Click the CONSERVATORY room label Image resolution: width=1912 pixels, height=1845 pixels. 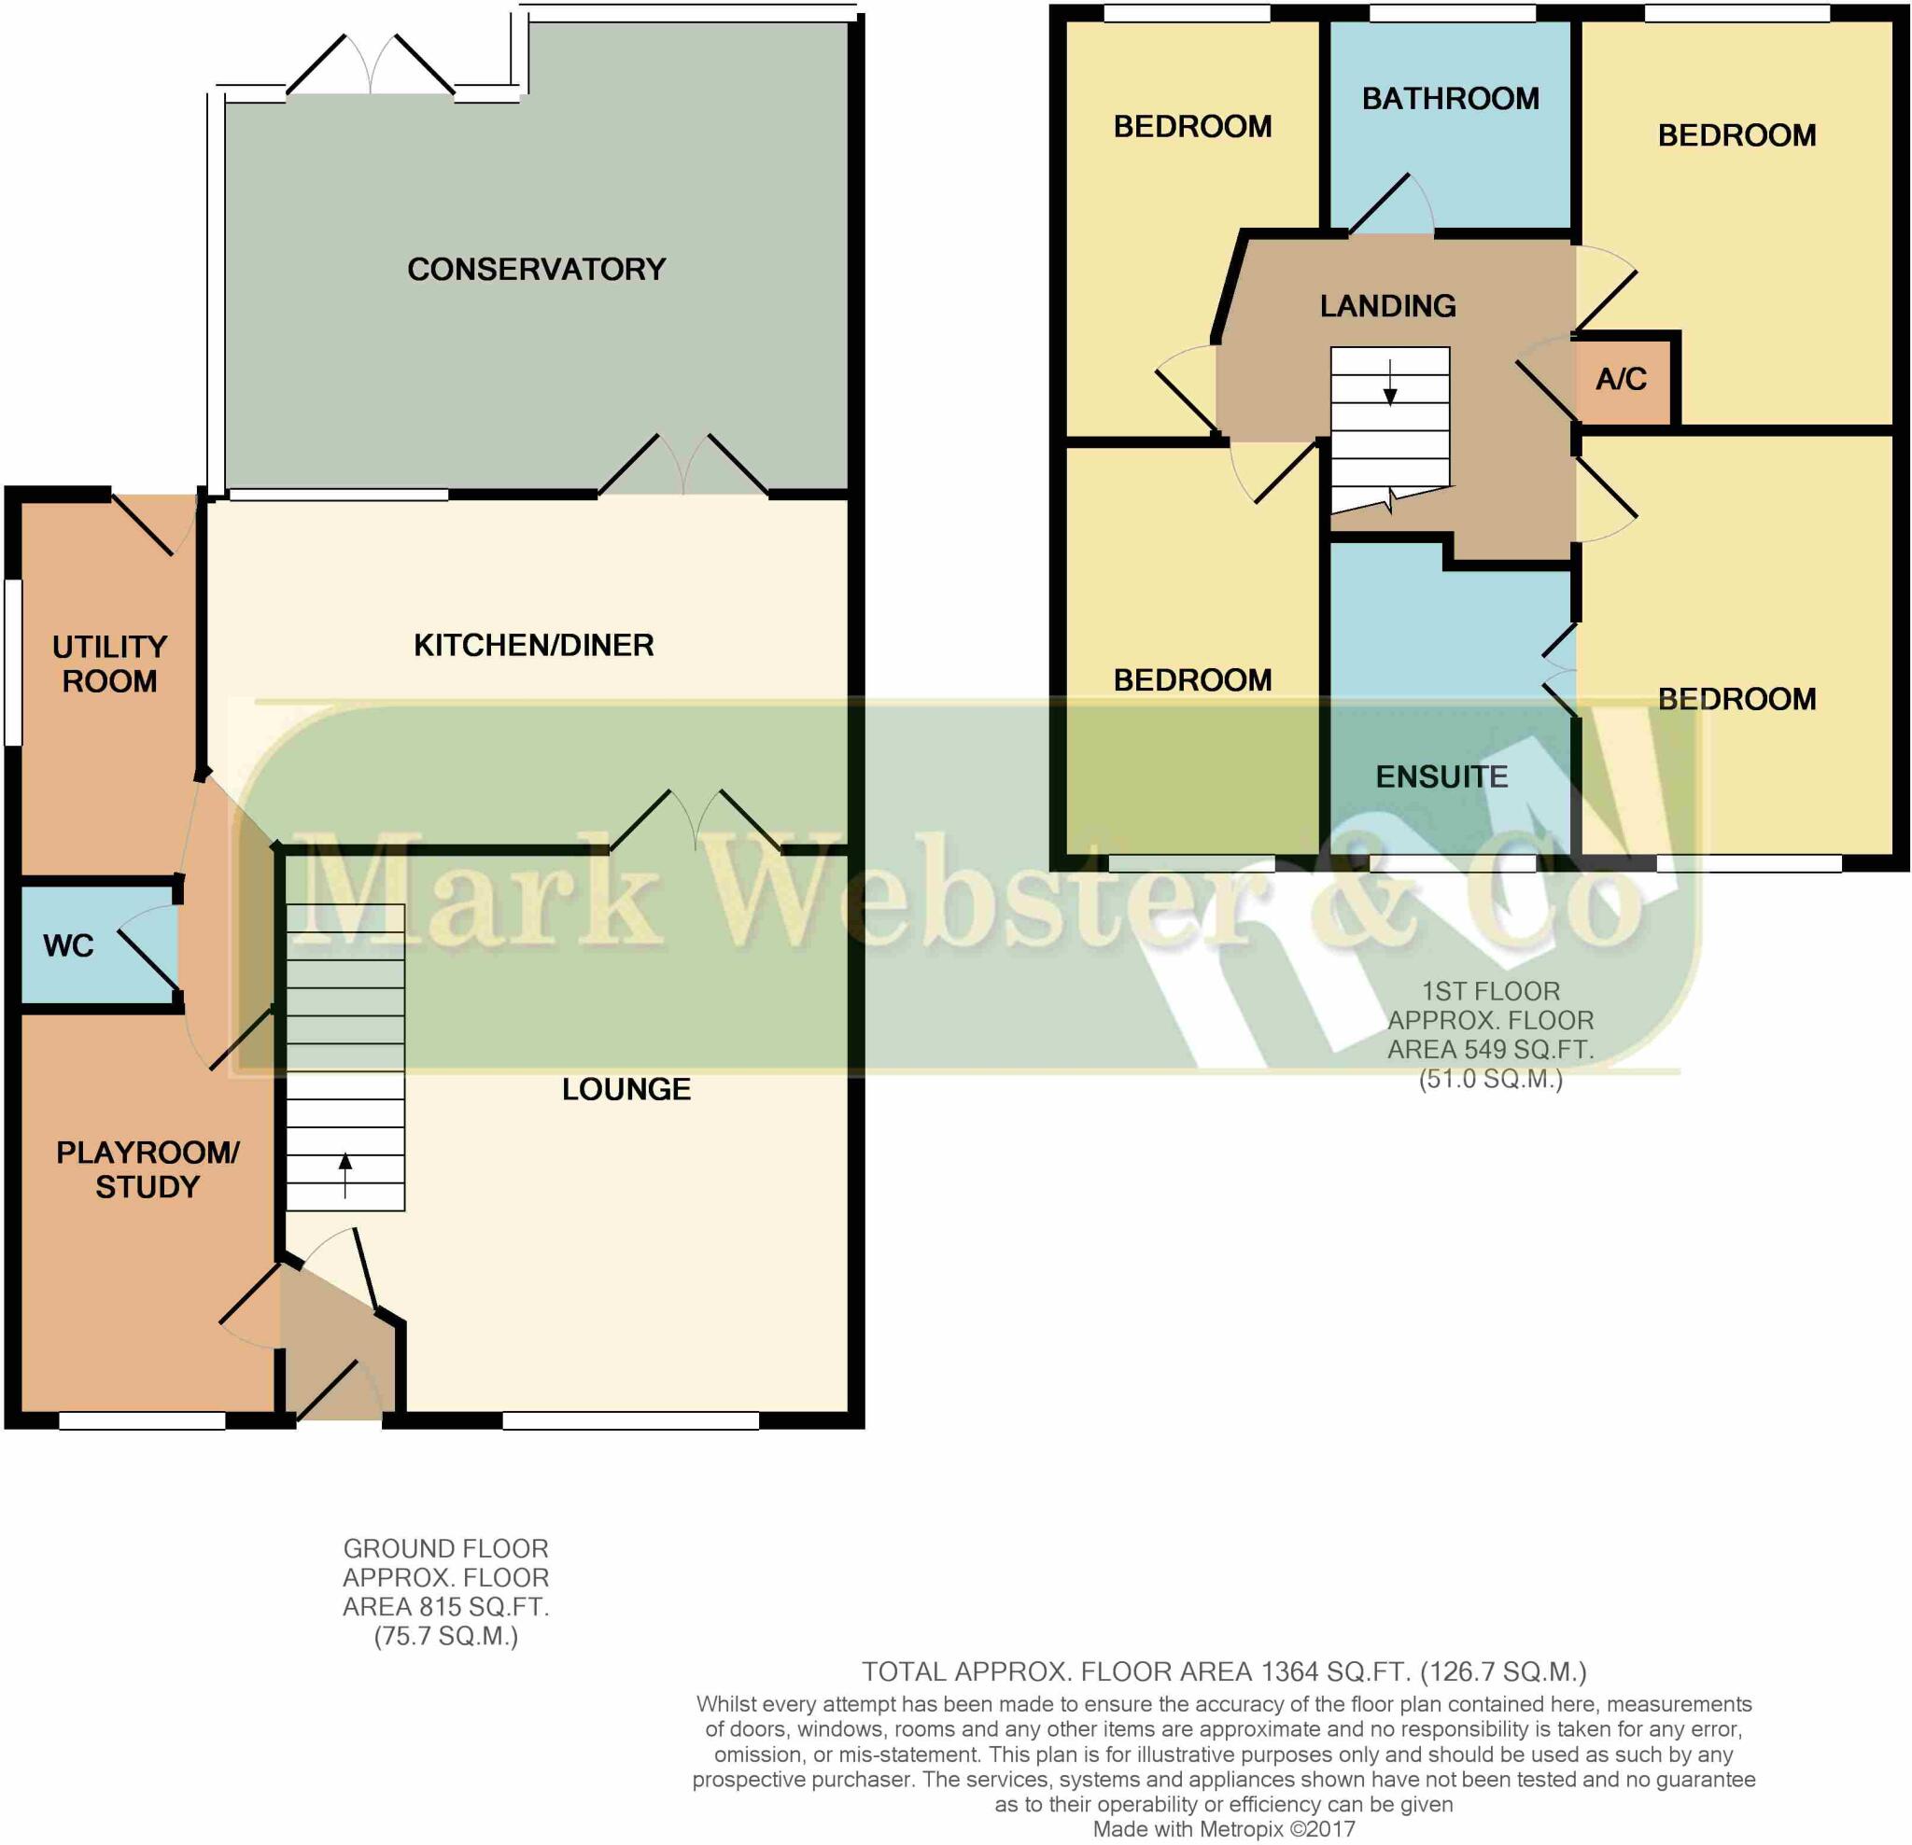pyautogui.click(x=536, y=268)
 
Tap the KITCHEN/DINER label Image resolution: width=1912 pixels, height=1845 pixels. pyautogui.click(x=533, y=645)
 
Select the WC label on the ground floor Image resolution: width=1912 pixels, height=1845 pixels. pyautogui.click(x=68, y=945)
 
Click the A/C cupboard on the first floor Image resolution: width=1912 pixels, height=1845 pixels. pyautogui.click(x=1621, y=379)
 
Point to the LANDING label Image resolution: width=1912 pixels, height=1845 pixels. pyautogui.click(x=1387, y=305)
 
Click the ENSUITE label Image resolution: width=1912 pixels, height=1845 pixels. pyautogui.click(x=1441, y=776)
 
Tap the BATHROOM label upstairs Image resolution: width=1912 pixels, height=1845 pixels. pyautogui.click(x=1450, y=99)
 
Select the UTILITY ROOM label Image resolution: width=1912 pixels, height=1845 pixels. pyautogui.click(x=109, y=664)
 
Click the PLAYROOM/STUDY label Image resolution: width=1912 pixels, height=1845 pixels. pyautogui.click(x=148, y=1169)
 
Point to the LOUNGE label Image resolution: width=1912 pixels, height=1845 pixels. pyautogui.click(x=626, y=1088)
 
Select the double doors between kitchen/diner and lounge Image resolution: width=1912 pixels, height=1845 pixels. pyautogui.click(x=695, y=821)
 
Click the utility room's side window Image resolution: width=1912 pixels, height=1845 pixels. pyautogui.click(x=13, y=663)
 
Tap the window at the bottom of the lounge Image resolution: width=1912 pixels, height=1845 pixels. pyautogui.click(x=630, y=1420)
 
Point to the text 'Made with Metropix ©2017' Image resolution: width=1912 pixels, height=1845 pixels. pyautogui.click(x=1223, y=1828)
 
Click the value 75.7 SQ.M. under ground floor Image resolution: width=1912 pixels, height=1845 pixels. pyautogui.click(x=446, y=1635)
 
